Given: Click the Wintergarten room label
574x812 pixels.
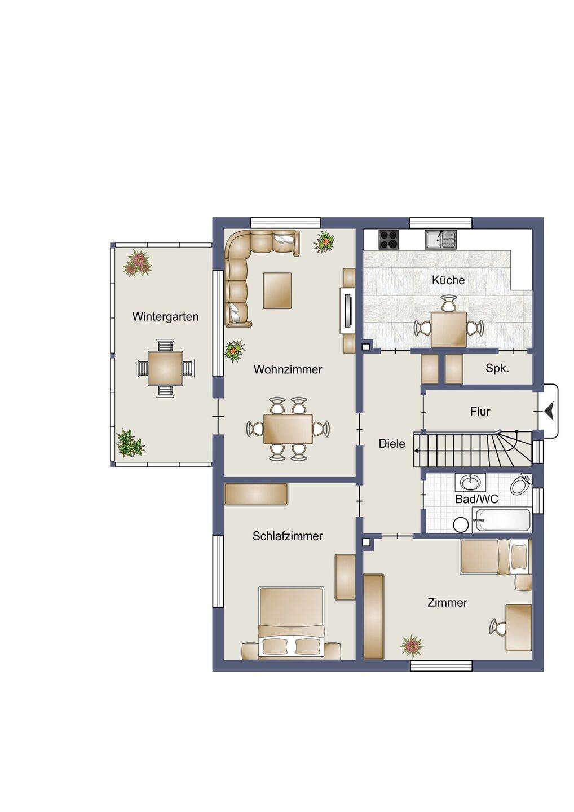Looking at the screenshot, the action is pyautogui.click(x=165, y=317).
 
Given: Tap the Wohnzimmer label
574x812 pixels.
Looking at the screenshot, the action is pyautogui.click(x=288, y=369).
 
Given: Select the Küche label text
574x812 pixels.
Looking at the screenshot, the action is pyautogui.click(x=448, y=280).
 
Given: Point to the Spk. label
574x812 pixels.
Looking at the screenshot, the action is pyautogui.click(x=497, y=369).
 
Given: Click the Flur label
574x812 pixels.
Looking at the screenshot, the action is pyautogui.click(x=480, y=412).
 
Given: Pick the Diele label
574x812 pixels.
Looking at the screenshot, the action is pyautogui.click(x=392, y=443).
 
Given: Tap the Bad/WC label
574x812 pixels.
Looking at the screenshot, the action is pyautogui.click(x=476, y=499).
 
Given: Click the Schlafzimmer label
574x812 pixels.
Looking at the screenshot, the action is pyautogui.click(x=288, y=536).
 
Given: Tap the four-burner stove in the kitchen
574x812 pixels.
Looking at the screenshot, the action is pyautogui.click(x=389, y=240).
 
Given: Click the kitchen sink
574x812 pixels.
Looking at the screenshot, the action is pyautogui.click(x=441, y=240).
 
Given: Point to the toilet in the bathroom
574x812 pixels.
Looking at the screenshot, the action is pyautogui.click(x=521, y=483).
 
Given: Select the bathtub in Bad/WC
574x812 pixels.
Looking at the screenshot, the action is pyautogui.click(x=502, y=520).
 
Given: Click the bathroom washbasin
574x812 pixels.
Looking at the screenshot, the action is pyautogui.click(x=470, y=483).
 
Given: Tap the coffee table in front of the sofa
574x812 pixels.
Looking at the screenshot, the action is pyautogui.click(x=277, y=291).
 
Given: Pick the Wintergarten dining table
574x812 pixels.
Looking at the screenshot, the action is pyautogui.click(x=165, y=368).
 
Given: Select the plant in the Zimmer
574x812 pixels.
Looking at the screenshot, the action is pyautogui.click(x=412, y=647).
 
